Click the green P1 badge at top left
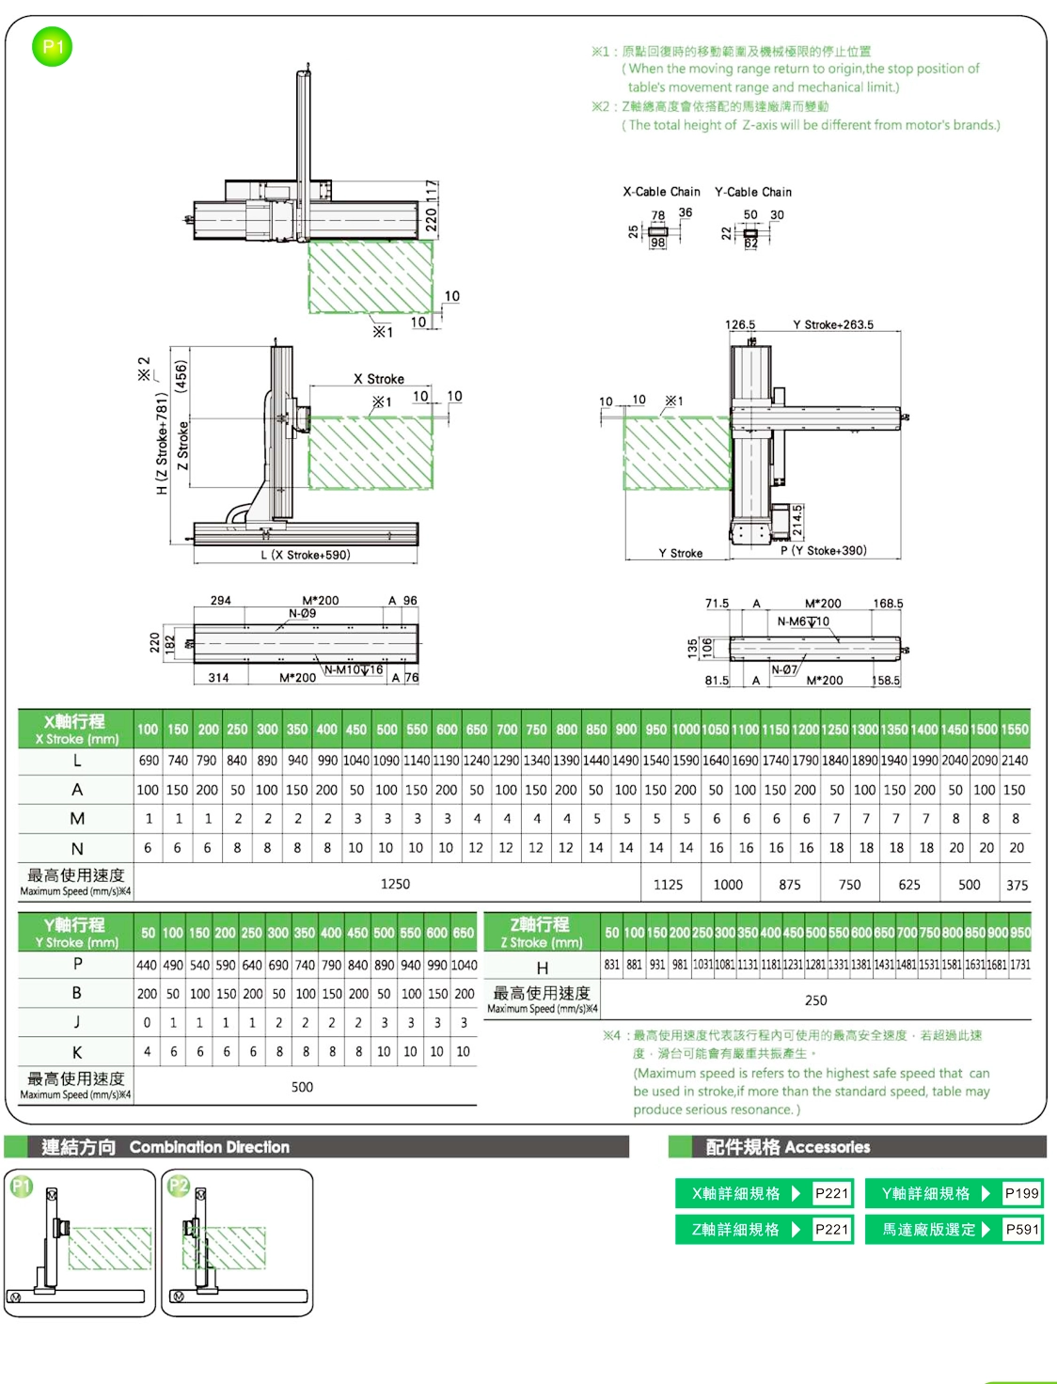click(x=53, y=47)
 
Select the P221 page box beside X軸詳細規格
click(x=831, y=1193)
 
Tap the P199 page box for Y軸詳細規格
click(x=1021, y=1193)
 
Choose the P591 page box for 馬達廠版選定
click(x=1021, y=1229)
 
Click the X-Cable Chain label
click(x=661, y=192)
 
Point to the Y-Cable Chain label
click(x=752, y=192)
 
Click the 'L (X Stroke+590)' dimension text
click(x=306, y=555)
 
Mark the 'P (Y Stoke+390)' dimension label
click(x=823, y=551)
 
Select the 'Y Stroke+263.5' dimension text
click(x=832, y=325)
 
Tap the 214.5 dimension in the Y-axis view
click(x=797, y=519)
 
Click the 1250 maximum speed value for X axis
click(x=395, y=884)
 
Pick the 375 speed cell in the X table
click(x=1017, y=885)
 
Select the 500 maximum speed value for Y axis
click(x=302, y=1087)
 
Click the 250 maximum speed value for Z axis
click(x=815, y=1000)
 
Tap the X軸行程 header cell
click(x=75, y=729)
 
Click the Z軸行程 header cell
click(x=541, y=932)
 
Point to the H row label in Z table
click(x=542, y=967)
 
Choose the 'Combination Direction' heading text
click(x=209, y=1147)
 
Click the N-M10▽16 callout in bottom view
click(x=354, y=669)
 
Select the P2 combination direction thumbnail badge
click(x=179, y=1186)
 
